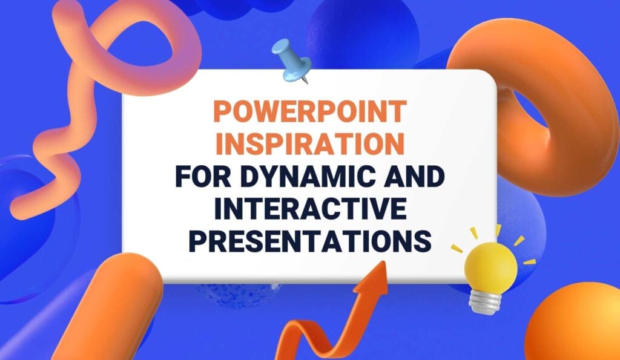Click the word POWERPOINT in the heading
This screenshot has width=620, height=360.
[309, 113]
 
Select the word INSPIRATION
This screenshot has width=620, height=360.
[309, 145]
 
